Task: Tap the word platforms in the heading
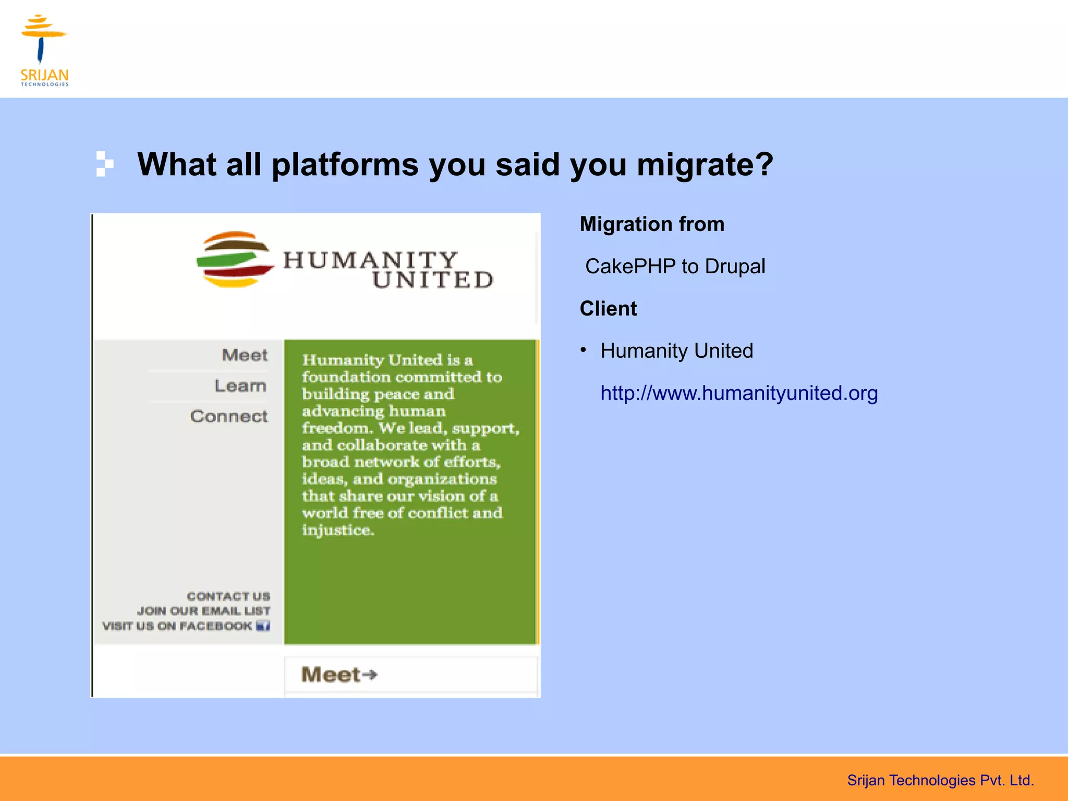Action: click(345, 165)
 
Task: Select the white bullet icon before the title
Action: click(104, 164)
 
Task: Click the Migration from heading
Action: click(652, 224)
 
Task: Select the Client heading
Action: click(608, 309)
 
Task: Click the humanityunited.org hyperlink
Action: click(738, 393)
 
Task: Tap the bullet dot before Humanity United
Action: click(584, 350)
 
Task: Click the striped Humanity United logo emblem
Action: click(235, 260)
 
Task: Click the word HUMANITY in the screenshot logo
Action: click(370, 260)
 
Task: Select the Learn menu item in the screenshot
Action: click(240, 386)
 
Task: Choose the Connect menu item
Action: click(229, 417)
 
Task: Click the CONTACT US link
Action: click(228, 596)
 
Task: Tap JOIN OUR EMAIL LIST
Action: click(203, 611)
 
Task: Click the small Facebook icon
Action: click(263, 626)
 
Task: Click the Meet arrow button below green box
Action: click(339, 675)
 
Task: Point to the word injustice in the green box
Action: click(337, 530)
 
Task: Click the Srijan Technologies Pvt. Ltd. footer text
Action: click(940, 780)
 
